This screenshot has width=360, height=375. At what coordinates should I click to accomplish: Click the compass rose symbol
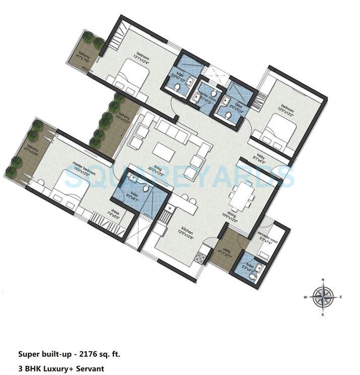323,297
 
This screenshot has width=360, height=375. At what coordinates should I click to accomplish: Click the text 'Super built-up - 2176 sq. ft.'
70,354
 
